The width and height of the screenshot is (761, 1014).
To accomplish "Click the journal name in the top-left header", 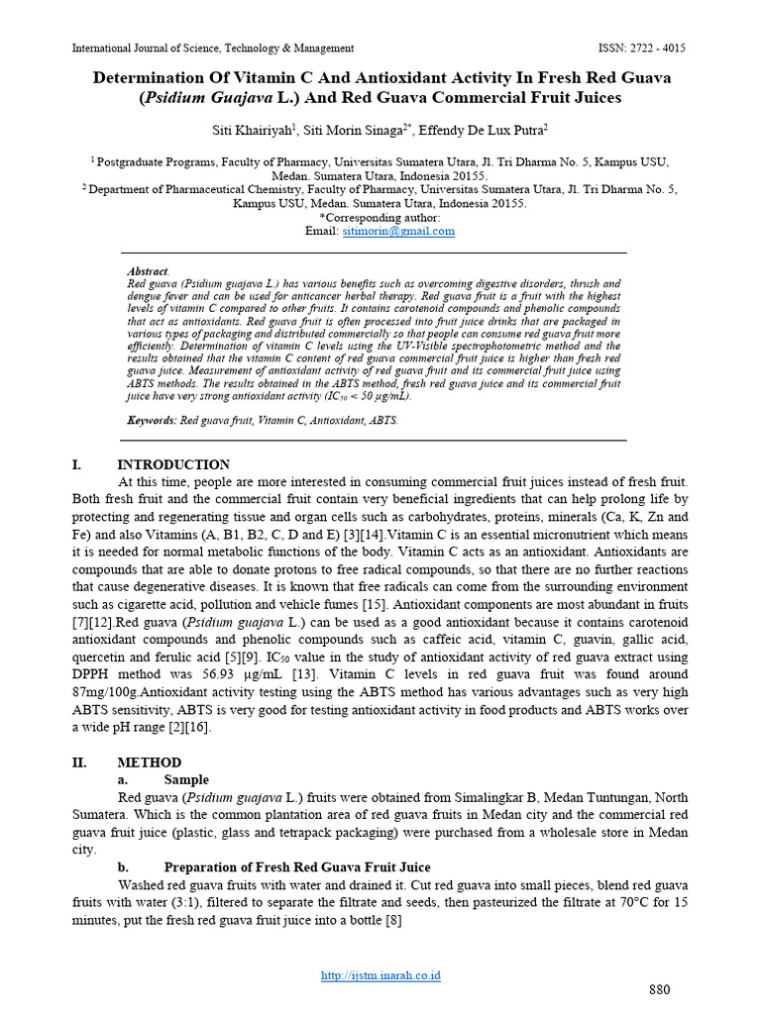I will tap(213, 48).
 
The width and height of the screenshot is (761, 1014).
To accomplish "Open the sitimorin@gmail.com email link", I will tap(398, 231).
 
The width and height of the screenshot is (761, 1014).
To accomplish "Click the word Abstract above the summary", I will tap(148, 270).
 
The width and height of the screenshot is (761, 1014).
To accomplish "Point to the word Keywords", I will tap(152, 420).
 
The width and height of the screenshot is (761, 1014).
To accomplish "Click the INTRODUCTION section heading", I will tap(173, 464).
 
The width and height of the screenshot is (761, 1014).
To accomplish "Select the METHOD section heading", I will tap(149, 762).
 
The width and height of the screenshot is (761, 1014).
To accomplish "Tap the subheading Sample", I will tap(186, 780).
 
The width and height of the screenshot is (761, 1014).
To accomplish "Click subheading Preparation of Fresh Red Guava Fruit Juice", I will tap(297, 867).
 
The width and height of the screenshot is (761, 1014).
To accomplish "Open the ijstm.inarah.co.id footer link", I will tap(380, 975).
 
